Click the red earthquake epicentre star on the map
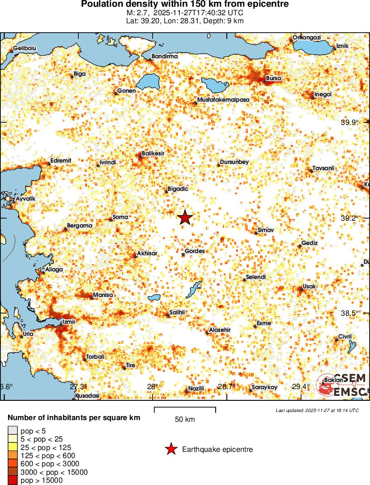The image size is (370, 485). coord(185,218)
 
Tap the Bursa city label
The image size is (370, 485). coord(273,78)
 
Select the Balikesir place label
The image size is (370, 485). coord(153,154)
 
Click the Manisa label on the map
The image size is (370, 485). coord(102,295)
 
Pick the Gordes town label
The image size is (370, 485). coord(195,251)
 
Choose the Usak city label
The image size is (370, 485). coord(310,286)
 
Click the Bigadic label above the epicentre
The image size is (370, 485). coord(178,189)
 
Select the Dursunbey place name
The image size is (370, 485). coord(234,162)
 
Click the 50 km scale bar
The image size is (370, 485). coord(185,410)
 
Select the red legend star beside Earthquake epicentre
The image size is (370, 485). coord(170,449)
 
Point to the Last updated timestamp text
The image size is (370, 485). coord(317,410)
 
